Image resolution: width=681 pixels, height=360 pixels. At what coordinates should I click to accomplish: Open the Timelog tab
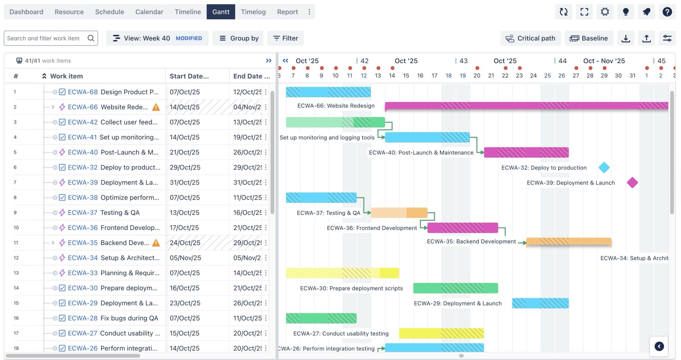tap(253, 12)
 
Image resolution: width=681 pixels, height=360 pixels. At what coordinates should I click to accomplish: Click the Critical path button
tap(530, 38)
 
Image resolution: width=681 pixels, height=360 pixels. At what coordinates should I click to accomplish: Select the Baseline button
tap(589, 38)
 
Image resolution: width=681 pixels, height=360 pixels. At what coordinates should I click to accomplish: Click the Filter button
tap(285, 38)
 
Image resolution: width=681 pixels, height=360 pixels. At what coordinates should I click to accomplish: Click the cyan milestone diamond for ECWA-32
tap(604, 168)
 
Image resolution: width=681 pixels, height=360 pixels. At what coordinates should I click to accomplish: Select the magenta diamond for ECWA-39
tap(632, 182)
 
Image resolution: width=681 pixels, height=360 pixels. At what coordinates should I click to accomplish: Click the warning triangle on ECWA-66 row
tap(156, 107)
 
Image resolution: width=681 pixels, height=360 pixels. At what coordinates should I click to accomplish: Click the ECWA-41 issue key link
tap(82, 137)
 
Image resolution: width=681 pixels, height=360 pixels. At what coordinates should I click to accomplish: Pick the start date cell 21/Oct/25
tap(184, 152)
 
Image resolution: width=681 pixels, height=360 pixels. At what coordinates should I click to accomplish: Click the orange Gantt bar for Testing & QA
tap(399, 213)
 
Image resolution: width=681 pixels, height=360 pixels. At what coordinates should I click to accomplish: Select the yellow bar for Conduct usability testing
tap(441, 333)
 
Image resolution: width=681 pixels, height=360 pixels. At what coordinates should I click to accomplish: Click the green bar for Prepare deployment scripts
tap(455, 288)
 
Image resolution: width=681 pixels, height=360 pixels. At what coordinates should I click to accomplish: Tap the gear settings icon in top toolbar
tap(605, 12)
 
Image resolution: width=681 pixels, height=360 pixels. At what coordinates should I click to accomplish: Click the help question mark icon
tap(667, 12)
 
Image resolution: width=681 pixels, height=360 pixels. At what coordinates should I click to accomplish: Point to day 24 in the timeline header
tap(533, 76)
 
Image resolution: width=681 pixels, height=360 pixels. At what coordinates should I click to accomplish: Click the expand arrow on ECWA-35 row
tap(53, 243)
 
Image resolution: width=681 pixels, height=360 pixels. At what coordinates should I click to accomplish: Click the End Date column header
tap(251, 76)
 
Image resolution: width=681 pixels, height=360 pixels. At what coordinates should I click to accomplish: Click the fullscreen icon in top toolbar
tap(584, 12)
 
